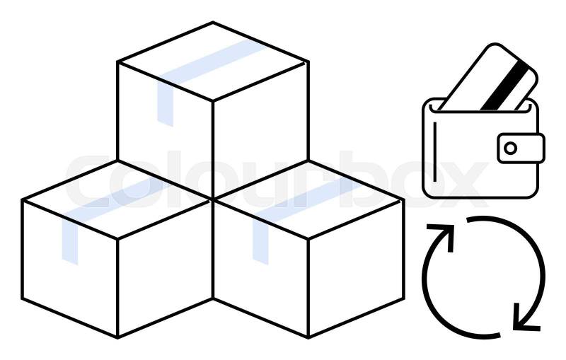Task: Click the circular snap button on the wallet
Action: coord(510,148)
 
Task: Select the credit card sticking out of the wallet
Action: coord(487,77)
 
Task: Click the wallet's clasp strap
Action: coord(521,148)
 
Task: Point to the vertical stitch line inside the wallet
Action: coord(434,152)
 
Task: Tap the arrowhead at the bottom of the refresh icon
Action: coord(526,317)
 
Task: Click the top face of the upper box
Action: coord(213,61)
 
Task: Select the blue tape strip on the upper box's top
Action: coord(212,62)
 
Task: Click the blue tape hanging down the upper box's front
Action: coord(166,103)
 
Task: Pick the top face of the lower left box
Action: coord(117,199)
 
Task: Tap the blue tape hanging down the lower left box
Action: coord(70,239)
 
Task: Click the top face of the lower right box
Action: coord(308,199)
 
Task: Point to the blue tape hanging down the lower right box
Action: coord(260,240)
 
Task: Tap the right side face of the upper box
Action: coord(260,131)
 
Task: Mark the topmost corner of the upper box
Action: coord(213,22)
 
